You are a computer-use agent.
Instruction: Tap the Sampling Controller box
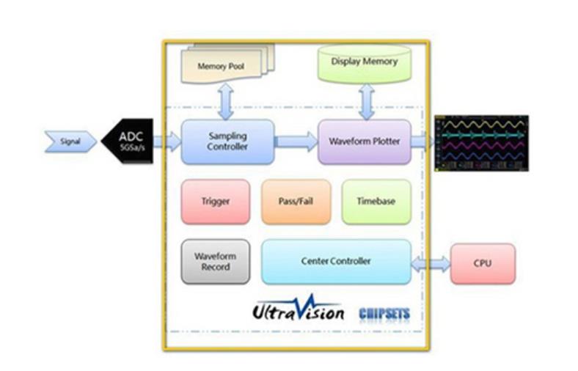(227, 142)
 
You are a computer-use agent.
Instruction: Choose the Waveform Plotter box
(364, 142)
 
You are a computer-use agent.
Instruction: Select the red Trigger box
(215, 200)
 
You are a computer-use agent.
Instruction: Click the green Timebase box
(376, 200)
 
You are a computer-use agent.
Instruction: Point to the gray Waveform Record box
(215, 262)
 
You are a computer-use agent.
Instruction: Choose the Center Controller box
(336, 261)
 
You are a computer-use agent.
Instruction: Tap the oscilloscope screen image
(481, 142)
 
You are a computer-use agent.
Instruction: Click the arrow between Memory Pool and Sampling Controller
(226, 101)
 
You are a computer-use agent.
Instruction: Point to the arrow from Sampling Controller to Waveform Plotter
(296, 141)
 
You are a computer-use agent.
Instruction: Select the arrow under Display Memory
(365, 100)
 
